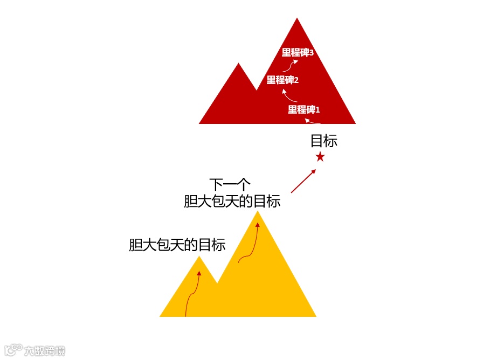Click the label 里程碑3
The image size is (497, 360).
click(298, 52)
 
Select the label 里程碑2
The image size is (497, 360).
click(282, 80)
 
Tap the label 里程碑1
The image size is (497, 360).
click(303, 110)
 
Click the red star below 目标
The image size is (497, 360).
click(320, 157)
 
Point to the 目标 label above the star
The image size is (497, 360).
click(324, 141)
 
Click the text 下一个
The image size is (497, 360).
click(230, 184)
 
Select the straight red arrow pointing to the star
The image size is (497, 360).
click(303, 181)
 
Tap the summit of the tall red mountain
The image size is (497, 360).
click(297, 19)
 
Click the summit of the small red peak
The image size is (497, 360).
click(239, 65)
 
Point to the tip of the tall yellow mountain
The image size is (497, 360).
click(258, 212)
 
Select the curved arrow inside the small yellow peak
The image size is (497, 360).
click(192, 294)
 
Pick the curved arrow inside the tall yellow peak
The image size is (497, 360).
click(250, 245)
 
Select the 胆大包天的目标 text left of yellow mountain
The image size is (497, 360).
click(177, 245)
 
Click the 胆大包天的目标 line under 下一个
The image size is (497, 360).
click(232, 202)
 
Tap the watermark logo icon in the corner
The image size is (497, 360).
click(13, 350)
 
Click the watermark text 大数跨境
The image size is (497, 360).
click(44, 351)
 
